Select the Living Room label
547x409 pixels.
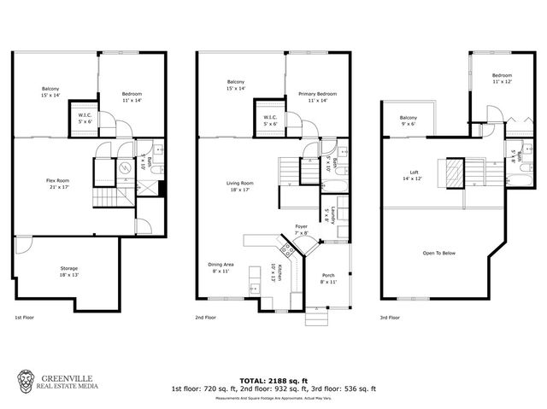coord(240,186)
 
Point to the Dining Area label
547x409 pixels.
coord(221,267)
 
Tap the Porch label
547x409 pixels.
coord(327,278)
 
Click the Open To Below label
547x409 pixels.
coord(438,253)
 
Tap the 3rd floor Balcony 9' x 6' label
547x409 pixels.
coord(409,120)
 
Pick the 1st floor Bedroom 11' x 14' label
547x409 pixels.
coord(131,96)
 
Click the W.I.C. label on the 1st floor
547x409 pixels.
coord(85,118)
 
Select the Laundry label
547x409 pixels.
coord(326,212)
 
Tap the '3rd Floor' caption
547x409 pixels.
coord(390,318)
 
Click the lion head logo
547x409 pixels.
coord(27,380)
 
